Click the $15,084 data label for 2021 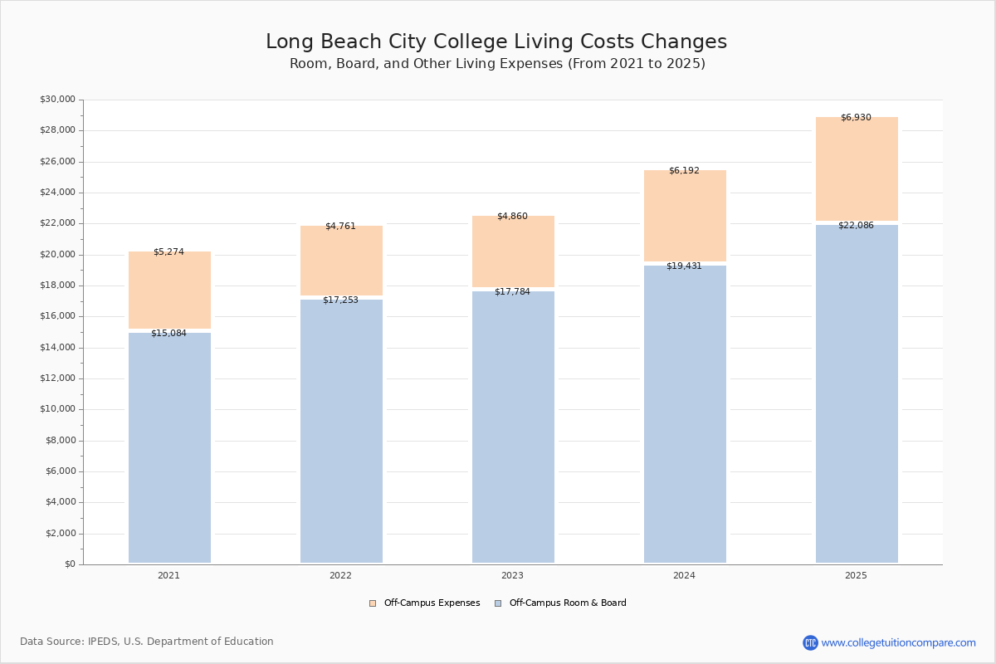168,334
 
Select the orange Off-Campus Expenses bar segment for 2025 857,170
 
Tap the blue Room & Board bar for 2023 513,427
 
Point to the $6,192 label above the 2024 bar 684,171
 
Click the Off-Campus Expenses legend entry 424,603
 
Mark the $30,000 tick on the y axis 57,100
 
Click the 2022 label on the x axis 340,576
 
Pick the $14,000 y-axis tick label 57,348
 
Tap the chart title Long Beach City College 496,42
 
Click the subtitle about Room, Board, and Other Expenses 497,64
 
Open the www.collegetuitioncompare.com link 898,642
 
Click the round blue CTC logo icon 810,642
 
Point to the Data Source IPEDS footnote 147,642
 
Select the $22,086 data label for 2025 856,226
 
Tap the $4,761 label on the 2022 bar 340,227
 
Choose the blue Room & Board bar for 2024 685,415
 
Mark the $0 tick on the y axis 71,564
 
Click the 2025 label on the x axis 856,576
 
